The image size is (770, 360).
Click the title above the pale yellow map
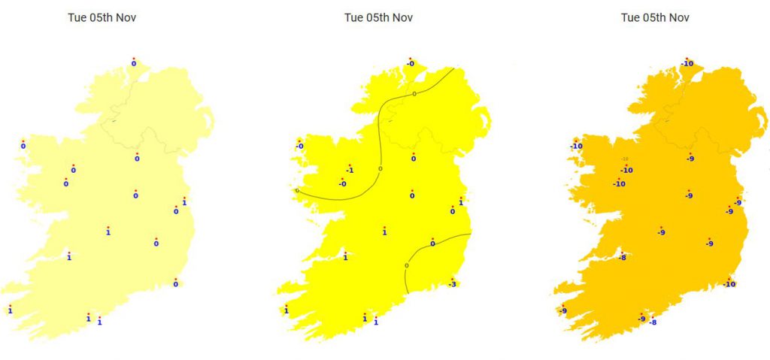102,18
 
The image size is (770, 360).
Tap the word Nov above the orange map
678,18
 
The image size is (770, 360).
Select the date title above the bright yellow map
378,18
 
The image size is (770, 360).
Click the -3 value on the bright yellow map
452,283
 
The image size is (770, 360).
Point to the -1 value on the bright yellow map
350,171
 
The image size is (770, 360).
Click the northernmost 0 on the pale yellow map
134,64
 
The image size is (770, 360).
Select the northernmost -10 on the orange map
687,64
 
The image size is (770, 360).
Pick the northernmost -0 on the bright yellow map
410,64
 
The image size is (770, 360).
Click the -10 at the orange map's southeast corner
729,283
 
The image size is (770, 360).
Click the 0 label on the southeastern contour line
407,265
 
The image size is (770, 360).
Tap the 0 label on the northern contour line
414,94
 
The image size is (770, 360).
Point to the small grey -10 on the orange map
624,159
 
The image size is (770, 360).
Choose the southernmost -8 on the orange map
652,322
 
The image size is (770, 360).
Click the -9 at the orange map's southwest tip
562,311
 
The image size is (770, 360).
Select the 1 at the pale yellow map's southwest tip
10,310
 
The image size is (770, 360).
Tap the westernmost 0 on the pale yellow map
23,146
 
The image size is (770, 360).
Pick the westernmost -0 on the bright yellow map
299,146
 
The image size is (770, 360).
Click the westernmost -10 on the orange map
576,146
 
